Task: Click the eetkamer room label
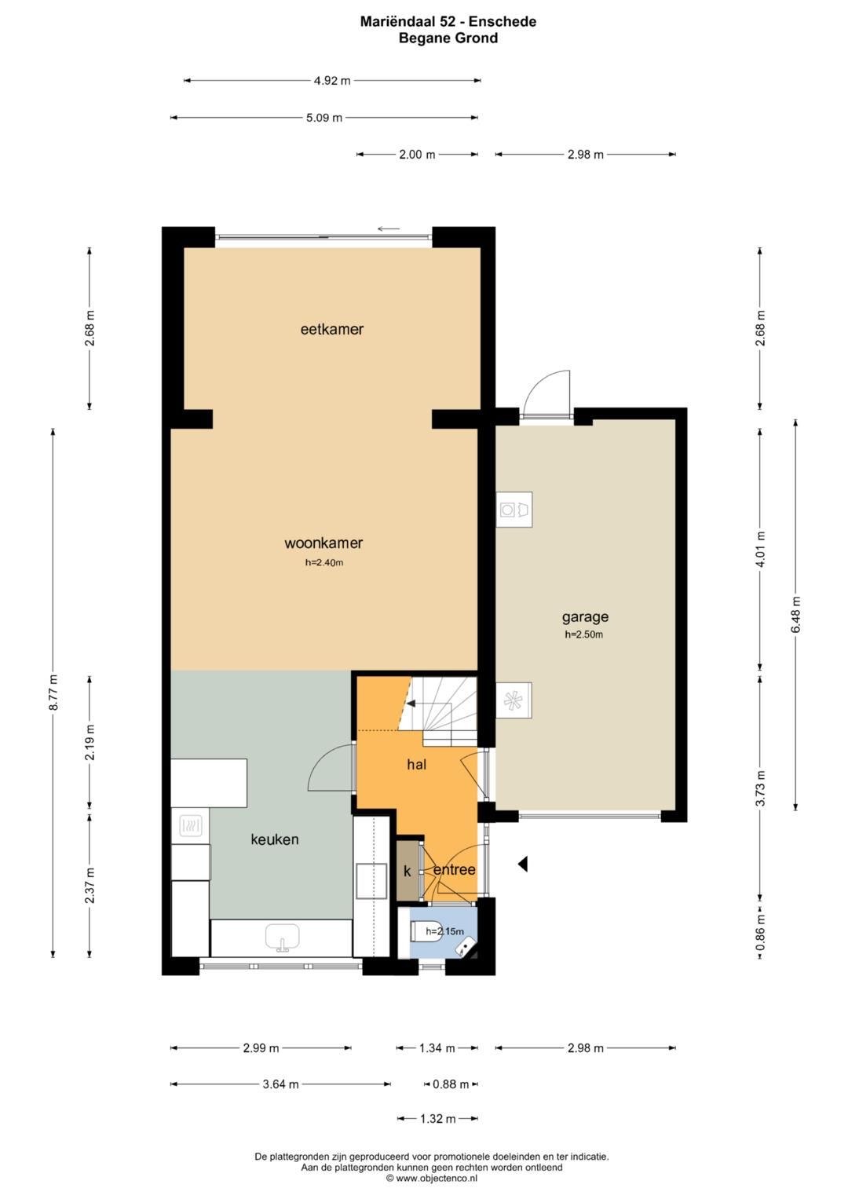coord(332,329)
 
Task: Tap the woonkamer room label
coord(323,543)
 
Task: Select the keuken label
coord(275,839)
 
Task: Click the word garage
coord(585,618)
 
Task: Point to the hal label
coord(416,764)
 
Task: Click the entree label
coord(455,870)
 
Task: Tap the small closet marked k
coord(407,870)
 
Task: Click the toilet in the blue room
coord(426,932)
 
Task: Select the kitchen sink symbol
coord(282,938)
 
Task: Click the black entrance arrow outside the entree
coord(523,864)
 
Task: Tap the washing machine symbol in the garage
coord(514,510)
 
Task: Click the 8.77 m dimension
coord(53,693)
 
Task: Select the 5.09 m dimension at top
coord(323,118)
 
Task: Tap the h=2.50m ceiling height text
coord(584,634)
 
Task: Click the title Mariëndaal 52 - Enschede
coord(448,21)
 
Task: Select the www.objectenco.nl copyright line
coord(432,1178)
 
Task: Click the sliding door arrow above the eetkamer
coord(389,229)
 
